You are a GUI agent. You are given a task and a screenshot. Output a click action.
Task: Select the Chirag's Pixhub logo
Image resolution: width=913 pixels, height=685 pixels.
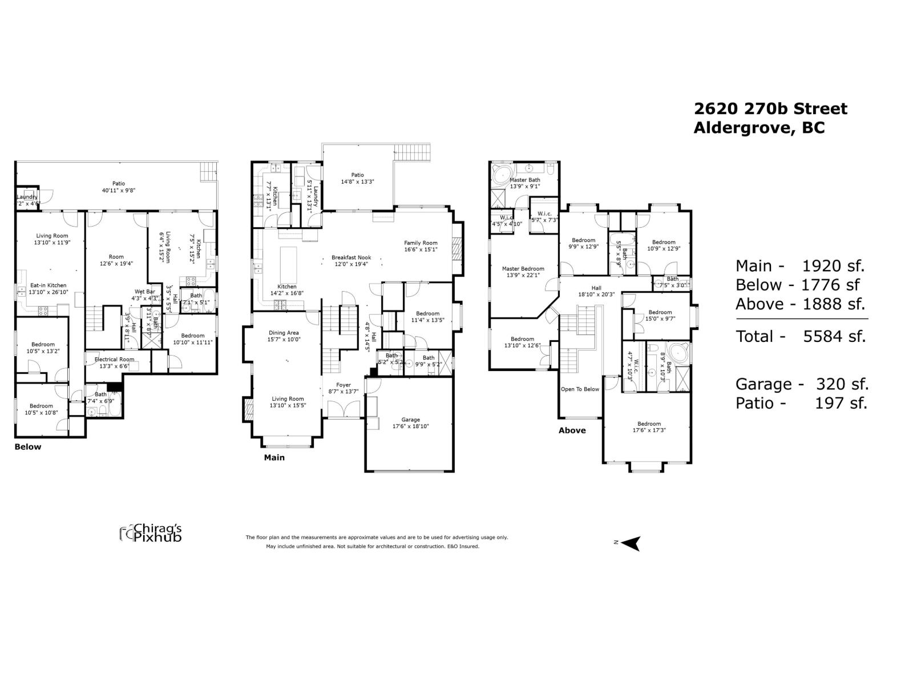[151, 533]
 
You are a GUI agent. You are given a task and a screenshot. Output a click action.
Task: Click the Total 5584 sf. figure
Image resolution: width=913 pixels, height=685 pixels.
[801, 336]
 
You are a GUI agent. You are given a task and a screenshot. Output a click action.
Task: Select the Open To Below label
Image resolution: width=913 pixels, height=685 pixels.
[580, 389]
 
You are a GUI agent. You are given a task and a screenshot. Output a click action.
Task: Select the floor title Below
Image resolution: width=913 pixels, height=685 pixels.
[27, 447]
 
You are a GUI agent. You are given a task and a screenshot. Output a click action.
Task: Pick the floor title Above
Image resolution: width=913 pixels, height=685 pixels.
[572, 430]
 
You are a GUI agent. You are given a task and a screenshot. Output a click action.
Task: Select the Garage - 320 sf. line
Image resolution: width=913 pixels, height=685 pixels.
[801, 384]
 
